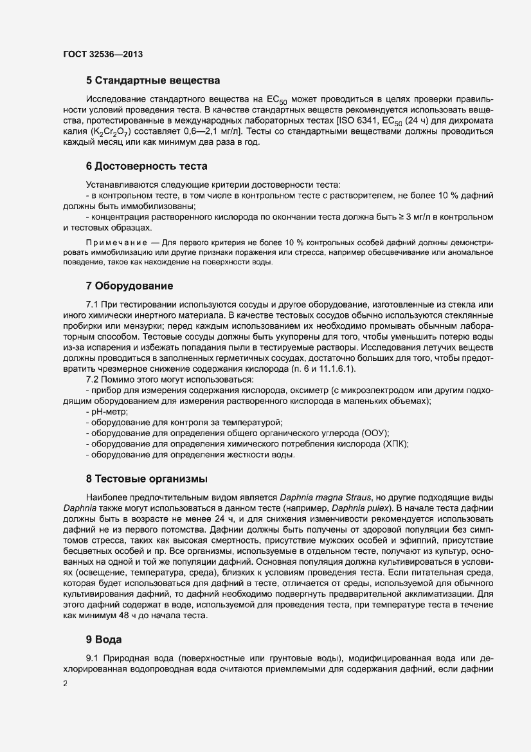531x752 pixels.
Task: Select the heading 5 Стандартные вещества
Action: (x=154, y=81)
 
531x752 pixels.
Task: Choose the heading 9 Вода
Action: (x=104, y=640)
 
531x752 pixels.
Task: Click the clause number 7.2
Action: (x=94, y=379)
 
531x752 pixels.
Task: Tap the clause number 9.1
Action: (x=94, y=659)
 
